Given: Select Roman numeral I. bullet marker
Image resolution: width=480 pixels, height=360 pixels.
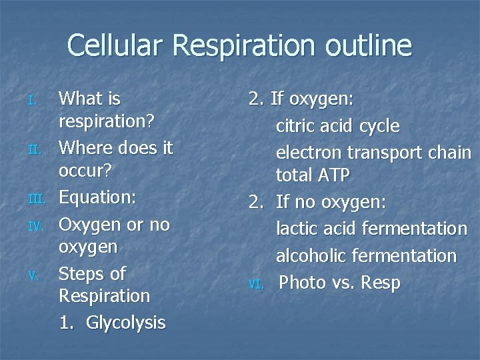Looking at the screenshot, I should (x=37, y=101).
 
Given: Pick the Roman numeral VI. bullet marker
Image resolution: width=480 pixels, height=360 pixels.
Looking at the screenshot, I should (x=256, y=284).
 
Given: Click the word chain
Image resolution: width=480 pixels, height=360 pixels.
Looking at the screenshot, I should (x=447, y=153).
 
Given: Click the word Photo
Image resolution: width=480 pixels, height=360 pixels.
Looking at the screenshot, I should (x=301, y=283).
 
